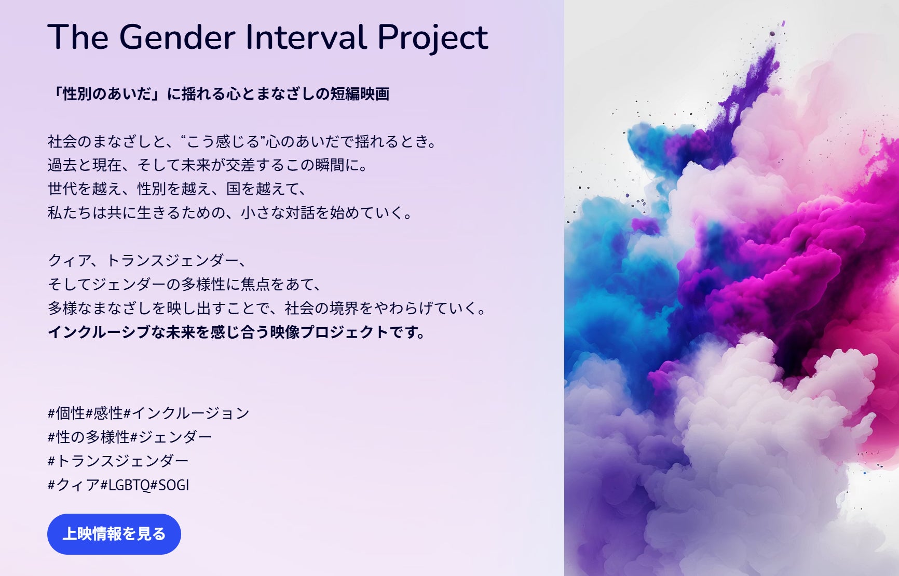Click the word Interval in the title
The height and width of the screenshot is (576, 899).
click(x=306, y=37)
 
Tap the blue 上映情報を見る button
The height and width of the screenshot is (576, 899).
click(x=114, y=534)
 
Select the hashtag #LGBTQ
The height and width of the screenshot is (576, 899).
click(x=125, y=485)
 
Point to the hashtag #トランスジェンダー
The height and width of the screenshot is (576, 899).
click(x=118, y=461)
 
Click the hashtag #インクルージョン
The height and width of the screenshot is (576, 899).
click(x=187, y=413)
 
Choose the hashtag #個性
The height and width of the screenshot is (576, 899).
click(x=66, y=413)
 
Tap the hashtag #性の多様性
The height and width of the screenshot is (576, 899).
click(x=89, y=437)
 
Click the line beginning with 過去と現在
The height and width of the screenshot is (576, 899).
click(x=208, y=165)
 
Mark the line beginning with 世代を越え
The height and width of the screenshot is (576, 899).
click(x=177, y=189)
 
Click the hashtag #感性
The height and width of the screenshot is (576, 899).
click(x=104, y=413)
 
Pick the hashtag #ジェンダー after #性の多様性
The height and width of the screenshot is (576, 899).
click(x=171, y=437)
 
